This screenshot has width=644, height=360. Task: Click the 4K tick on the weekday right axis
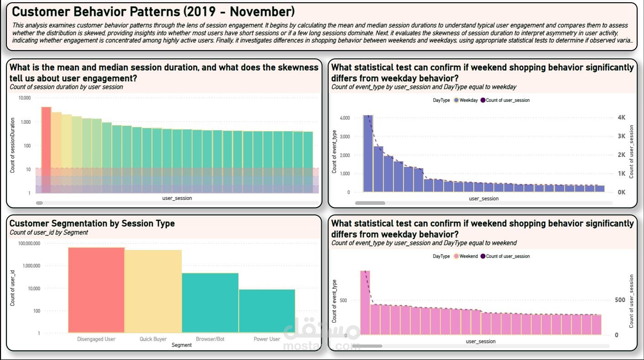pos(621,118)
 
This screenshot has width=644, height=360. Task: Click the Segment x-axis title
pos(181,345)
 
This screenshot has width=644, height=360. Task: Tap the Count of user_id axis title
pos(13,288)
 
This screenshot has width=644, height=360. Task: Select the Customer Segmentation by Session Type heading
pos(92,224)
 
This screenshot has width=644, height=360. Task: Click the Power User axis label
pos(267,339)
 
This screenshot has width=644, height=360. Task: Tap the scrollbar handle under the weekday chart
pos(370,203)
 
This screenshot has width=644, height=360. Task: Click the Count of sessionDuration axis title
pos(13,146)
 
